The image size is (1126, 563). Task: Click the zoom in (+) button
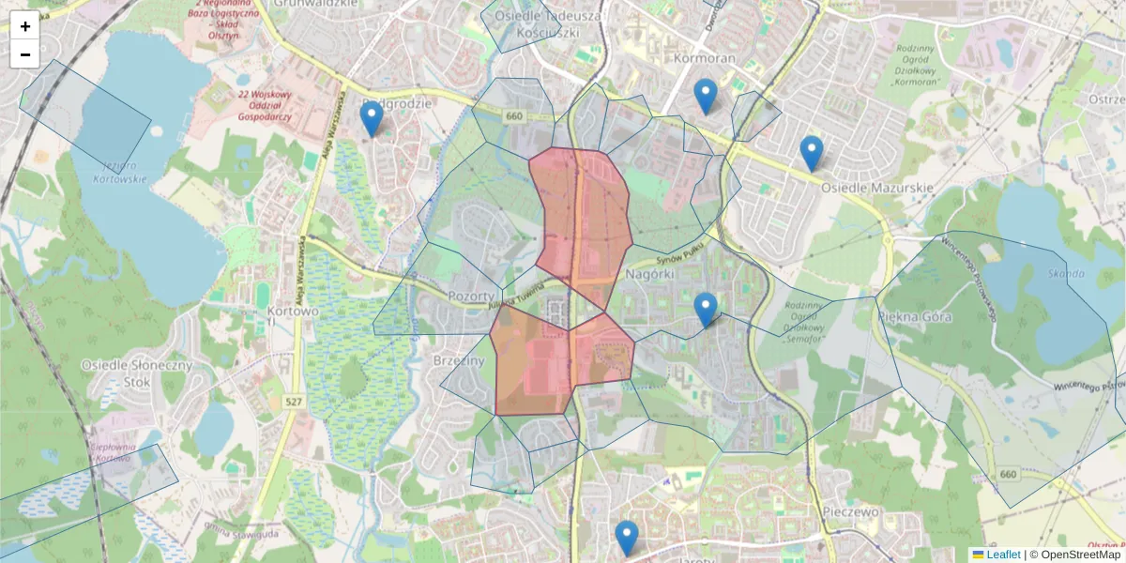click(x=24, y=26)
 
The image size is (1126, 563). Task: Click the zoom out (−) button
click(x=24, y=54)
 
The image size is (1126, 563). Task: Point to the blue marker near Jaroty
click(x=627, y=538)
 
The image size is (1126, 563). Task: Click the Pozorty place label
click(x=471, y=296)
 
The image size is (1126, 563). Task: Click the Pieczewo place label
click(x=849, y=512)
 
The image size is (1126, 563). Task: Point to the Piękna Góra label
click(x=915, y=316)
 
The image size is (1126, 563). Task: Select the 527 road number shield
click(x=293, y=402)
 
